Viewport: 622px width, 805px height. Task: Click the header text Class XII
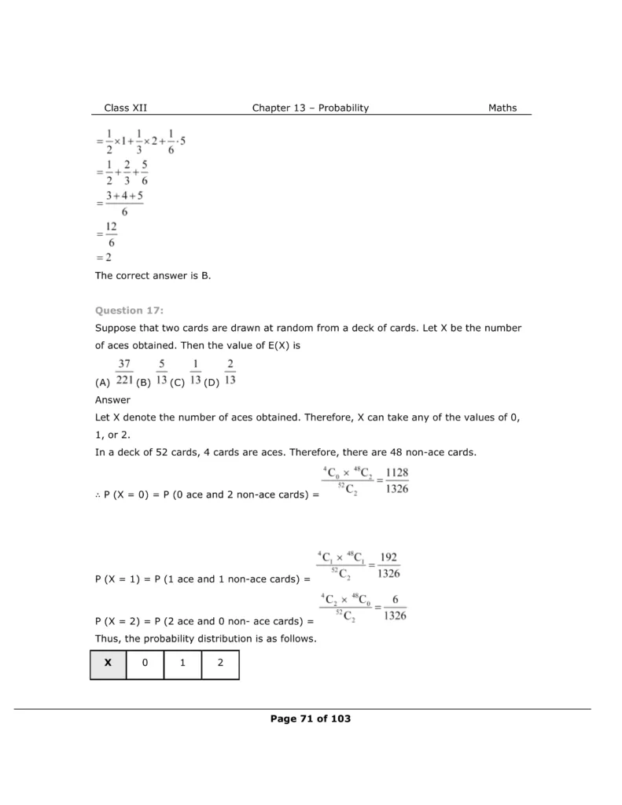tap(125, 108)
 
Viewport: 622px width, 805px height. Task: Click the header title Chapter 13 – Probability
tap(310, 108)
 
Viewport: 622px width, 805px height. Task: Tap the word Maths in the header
tap(502, 108)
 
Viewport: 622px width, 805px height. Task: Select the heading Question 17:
tap(130, 311)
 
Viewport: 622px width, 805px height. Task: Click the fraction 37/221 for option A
tap(123, 373)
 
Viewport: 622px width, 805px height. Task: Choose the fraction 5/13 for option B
tap(161, 373)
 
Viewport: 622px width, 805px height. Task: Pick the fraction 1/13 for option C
tap(195, 373)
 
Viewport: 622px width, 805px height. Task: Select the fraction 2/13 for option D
tap(230, 373)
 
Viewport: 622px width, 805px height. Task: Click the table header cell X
tap(108, 663)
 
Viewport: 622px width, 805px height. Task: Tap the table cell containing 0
tap(145, 663)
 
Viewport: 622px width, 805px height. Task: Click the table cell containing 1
tap(182, 663)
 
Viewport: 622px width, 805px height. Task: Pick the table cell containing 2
tap(220, 663)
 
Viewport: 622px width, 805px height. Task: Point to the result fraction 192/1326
tap(388, 564)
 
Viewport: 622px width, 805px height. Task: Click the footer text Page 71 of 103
tap(310, 719)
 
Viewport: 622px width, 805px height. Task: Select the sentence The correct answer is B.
tap(153, 276)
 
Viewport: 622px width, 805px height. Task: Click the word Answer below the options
tap(112, 399)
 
